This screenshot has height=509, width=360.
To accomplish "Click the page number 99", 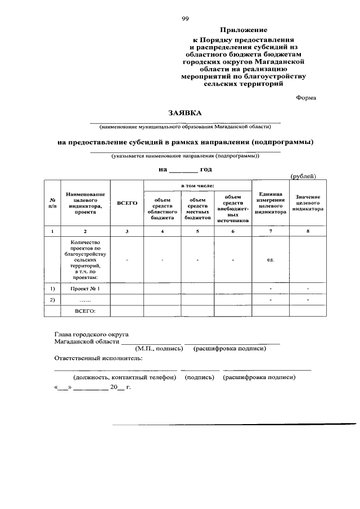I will tap(185, 19).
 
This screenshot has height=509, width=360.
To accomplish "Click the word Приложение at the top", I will tap(243, 30).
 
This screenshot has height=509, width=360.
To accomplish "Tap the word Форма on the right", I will tap(306, 97).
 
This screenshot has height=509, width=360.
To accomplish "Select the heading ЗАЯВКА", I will tap(185, 114).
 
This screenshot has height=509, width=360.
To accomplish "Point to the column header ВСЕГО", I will tap(127, 202).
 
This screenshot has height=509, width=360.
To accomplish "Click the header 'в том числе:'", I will tap(197, 186).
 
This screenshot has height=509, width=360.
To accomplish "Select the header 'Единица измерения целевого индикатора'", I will tap(270, 203).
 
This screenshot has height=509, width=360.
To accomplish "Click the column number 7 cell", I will tap(270, 231).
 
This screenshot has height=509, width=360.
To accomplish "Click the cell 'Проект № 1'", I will tap(85, 289).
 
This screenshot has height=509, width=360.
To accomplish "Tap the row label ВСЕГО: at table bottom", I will tap(85, 310).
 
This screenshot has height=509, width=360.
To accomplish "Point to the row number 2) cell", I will tap(52, 299).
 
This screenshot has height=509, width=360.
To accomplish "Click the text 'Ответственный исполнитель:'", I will tap(98, 358).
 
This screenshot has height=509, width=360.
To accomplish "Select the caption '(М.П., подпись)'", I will tap(159, 348).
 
